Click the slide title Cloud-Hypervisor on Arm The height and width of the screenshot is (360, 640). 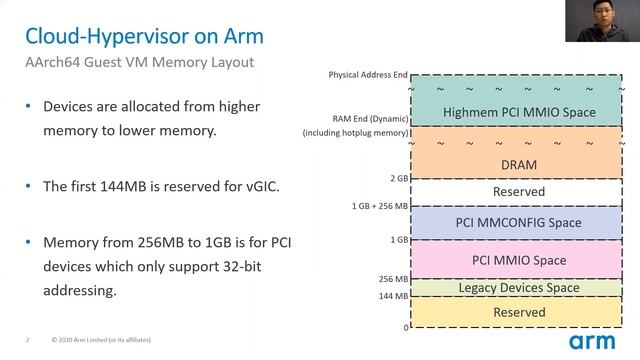(144, 37)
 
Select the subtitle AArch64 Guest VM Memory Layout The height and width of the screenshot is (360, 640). (139, 63)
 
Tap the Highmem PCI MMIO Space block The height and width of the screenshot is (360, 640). (518, 112)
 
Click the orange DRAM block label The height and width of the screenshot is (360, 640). (518, 164)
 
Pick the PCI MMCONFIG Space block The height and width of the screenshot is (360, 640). (518, 222)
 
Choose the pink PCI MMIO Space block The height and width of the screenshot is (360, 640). (518, 260)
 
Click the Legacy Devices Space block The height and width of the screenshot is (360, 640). (518, 288)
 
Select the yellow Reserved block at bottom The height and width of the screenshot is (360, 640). (518, 313)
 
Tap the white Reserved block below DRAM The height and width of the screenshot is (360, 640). (518, 191)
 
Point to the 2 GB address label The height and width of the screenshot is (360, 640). (397, 179)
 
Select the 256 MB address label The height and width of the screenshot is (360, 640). (392, 279)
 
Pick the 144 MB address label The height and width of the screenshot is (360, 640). (392, 296)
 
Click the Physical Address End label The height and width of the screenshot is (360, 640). (368, 75)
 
